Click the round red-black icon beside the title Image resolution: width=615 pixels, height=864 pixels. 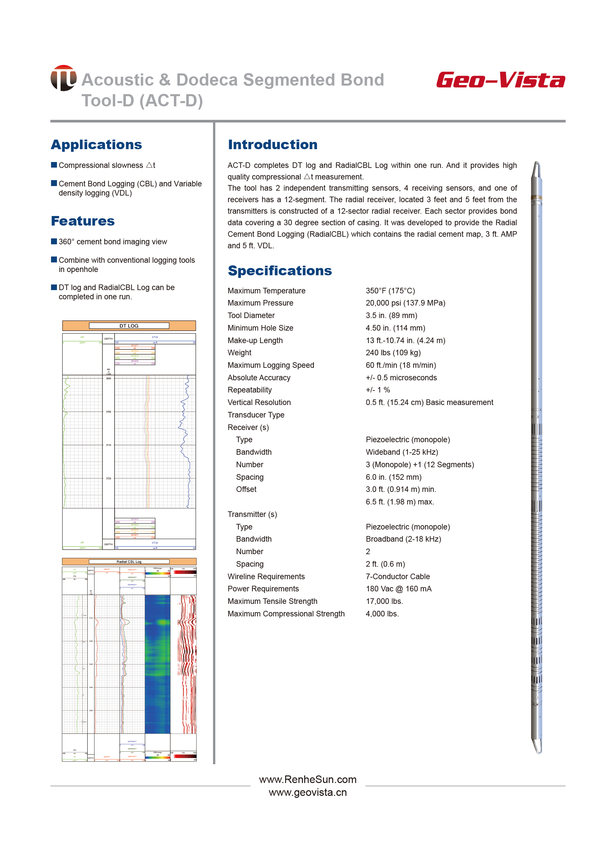pyautogui.click(x=63, y=78)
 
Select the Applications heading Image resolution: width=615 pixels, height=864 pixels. pyautogui.click(x=96, y=144)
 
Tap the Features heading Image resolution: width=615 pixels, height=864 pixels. pyautogui.click(x=83, y=221)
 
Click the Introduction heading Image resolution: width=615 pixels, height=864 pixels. pyautogui.click(x=273, y=144)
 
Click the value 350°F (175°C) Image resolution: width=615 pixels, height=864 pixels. pyautogui.click(x=390, y=290)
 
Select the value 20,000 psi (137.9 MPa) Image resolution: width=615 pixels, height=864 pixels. pyautogui.click(x=405, y=303)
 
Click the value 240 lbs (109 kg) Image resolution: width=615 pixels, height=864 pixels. pyautogui.click(x=393, y=353)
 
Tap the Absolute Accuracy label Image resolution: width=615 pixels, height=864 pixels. pyautogui.click(x=259, y=378)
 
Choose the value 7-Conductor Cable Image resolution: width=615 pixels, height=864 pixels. pyautogui.click(x=398, y=577)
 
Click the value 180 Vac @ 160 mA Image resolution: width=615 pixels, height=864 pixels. pyautogui.click(x=398, y=589)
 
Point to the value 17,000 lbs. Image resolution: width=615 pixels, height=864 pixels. pyautogui.click(x=384, y=601)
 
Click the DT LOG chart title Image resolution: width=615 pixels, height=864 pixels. pyautogui.click(x=129, y=326)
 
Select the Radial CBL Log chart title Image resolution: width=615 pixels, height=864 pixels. pyautogui.click(x=129, y=562)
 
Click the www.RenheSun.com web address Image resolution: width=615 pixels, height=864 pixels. pyautogui.click(x=307, y=779)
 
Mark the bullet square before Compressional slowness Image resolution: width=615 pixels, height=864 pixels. pyautogui.click(x=54, y=165)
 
